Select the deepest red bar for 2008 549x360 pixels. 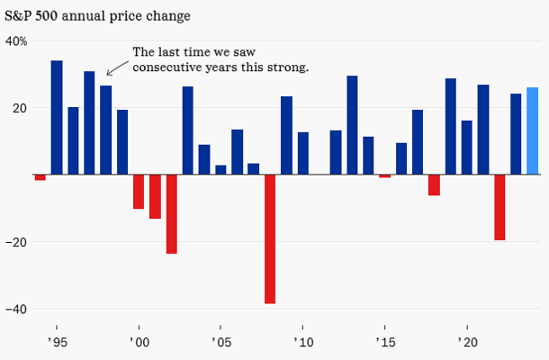[x=270, y=238]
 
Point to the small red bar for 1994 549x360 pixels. [x=40, y=177]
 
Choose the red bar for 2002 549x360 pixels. [x=171, y=214]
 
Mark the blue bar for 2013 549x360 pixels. [x=352, y=125]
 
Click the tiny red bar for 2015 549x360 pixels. [x=385, y=175]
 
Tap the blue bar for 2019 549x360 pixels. [x=450, y=126]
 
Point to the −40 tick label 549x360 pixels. [x=17, y=309]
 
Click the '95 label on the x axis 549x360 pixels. [x=57, y=343]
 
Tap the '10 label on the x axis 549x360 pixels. [x=303, y=343]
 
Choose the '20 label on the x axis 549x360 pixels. [x=467, y=343]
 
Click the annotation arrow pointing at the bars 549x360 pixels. [x=115, y=67]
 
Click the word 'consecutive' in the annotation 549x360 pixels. [x=167, y=67]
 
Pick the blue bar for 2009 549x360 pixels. [x=286, y=135]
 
